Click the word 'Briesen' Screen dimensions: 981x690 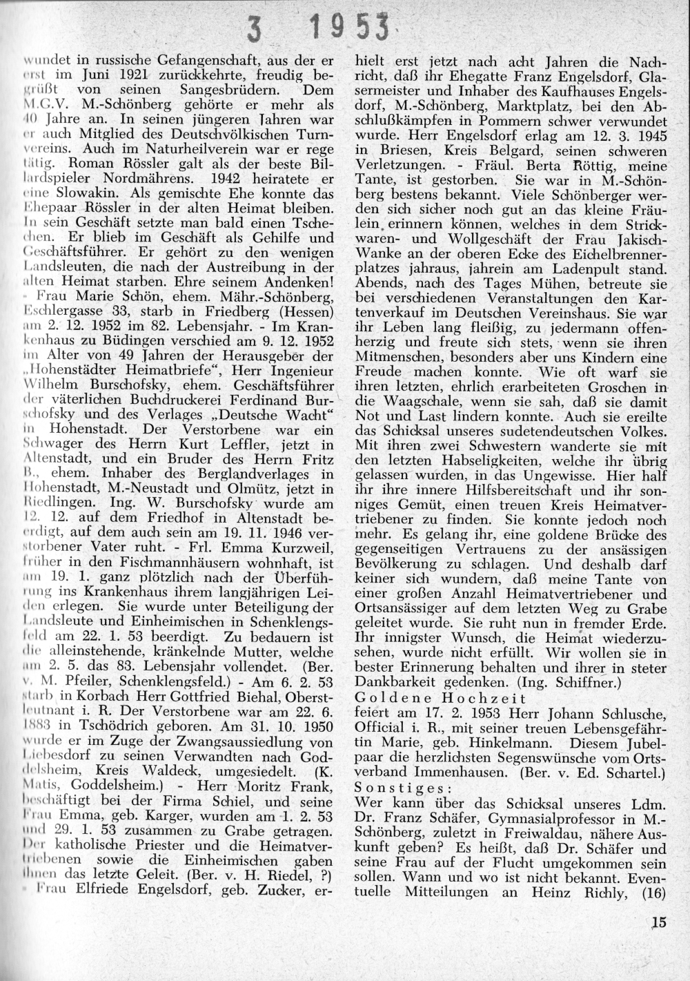(383, 150)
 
